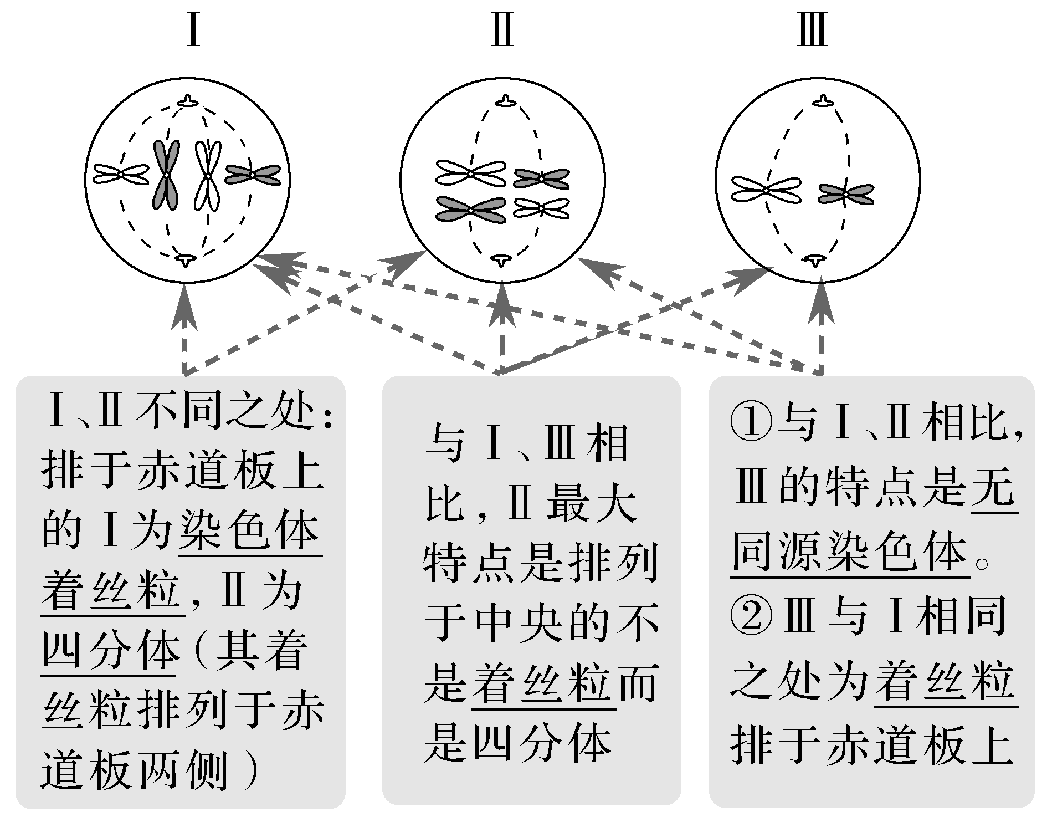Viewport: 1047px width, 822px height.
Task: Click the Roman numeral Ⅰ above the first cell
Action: (193, 30)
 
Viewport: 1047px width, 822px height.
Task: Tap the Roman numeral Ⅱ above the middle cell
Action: (502, 30)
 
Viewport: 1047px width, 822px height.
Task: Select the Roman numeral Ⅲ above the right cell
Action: (812, 30)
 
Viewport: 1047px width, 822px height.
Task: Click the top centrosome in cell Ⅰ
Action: (189, 101)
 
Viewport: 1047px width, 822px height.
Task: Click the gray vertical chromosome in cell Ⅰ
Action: (166, 175)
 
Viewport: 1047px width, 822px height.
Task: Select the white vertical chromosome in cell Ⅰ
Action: (207, 175)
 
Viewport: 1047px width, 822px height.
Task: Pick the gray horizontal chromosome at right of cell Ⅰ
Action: (253, 175)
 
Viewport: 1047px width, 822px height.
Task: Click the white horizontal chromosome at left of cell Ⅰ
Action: (121, 174)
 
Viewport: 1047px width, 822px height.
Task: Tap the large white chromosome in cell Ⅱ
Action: (471, 173)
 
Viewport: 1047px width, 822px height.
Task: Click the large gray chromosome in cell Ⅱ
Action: (471, 210)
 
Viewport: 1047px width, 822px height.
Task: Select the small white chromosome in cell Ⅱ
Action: (541, 208)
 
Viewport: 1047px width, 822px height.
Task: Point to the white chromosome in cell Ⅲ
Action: (766, 189)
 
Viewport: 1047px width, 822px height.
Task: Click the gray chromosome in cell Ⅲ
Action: (846, 194)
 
